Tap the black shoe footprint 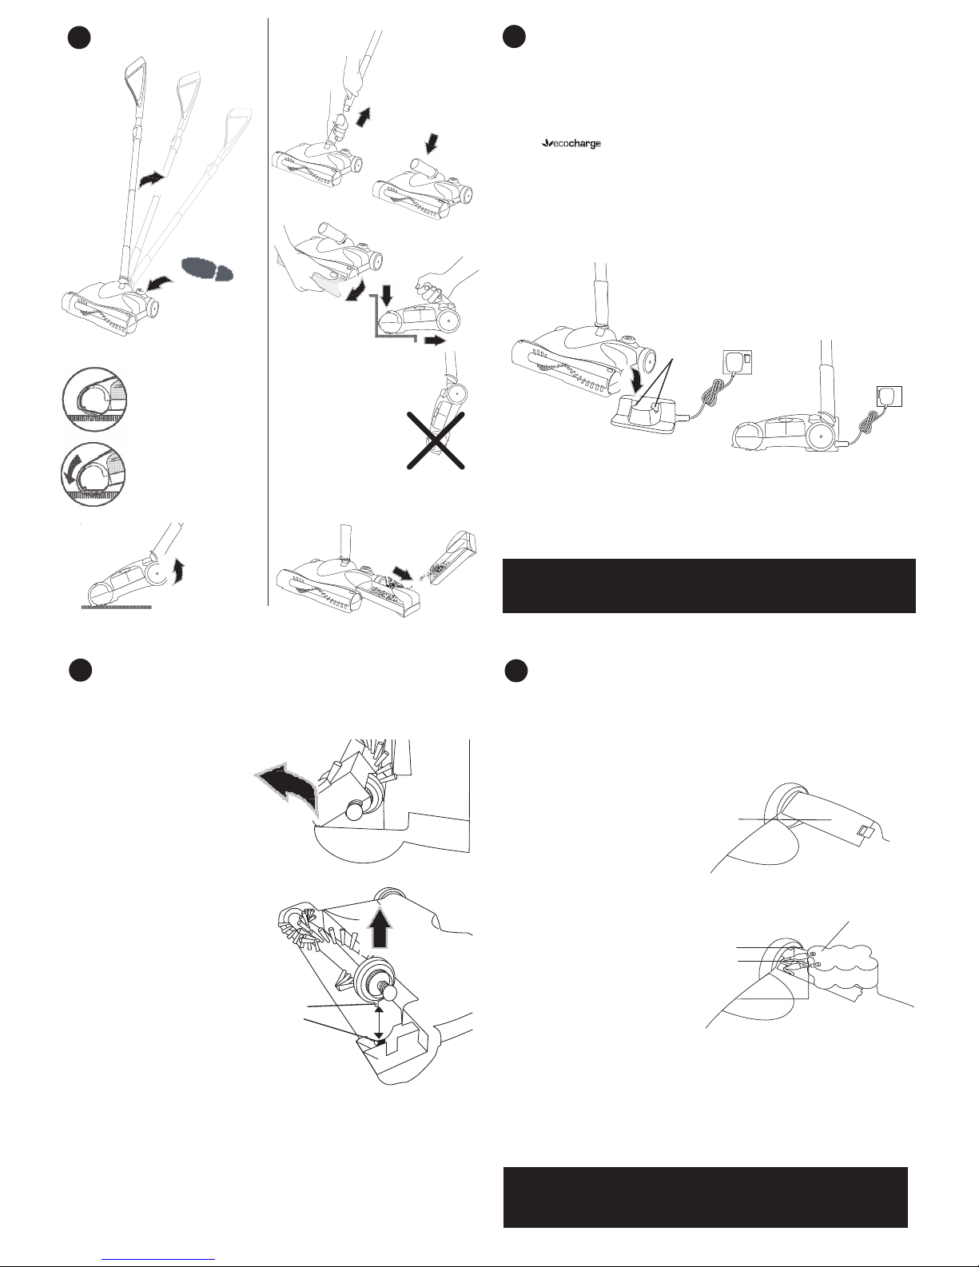coord(207,269)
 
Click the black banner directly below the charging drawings coord(708,585)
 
